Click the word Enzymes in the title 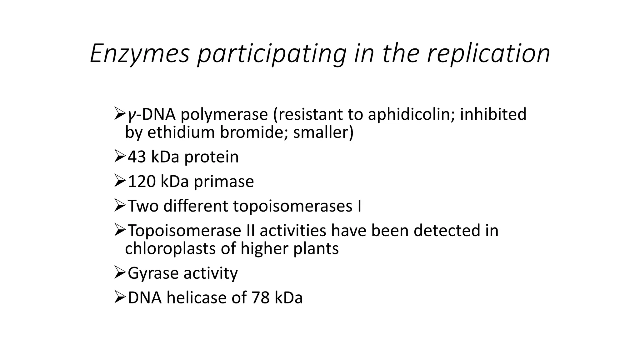point(140,54)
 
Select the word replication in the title point(488,54)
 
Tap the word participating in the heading point(272,54)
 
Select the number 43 point(137,157)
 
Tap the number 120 point(142,181)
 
